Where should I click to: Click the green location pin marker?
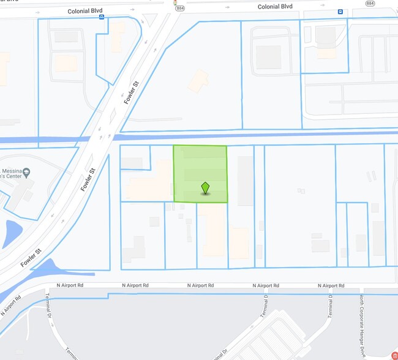coord(205,188)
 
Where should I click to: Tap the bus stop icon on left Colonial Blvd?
coord(101,17)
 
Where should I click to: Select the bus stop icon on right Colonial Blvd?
coord(340,12)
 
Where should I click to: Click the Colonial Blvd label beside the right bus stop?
coord(275,7)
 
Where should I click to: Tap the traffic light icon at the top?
coord(176,3)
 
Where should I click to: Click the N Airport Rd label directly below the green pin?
coord(200,285)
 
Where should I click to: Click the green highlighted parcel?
coord(200,165)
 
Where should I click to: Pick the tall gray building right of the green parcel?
coord(245,181)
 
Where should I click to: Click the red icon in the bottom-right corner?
coord(394,355)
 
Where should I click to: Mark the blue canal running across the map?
coord(257,135)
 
